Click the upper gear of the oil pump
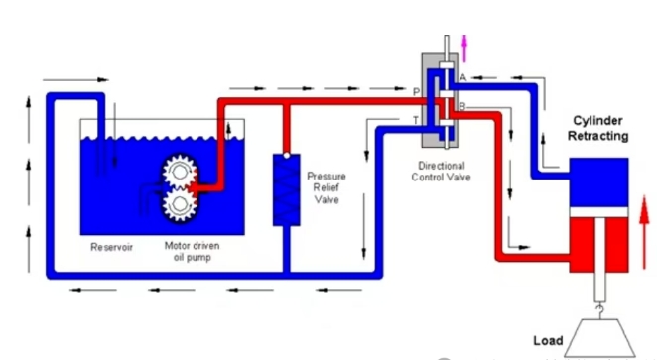180,172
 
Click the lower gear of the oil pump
180,204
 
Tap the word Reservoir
111,247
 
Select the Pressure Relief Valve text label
327,187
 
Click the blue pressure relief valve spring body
287,190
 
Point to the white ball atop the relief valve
287,156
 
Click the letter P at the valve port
416,92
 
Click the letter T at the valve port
416,121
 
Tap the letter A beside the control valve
463,78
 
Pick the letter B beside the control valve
462,106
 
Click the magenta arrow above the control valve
464,49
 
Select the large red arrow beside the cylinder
644,232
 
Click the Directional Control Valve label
441,172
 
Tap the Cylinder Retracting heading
597,128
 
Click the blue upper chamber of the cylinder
598,182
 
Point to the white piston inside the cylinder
598,212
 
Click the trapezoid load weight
600,338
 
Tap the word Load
548,341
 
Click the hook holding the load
600,310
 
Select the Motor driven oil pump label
192,251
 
